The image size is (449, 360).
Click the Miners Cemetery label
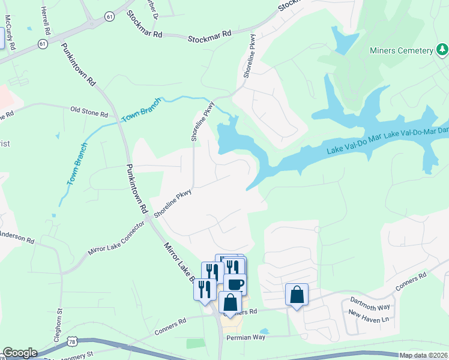pyautogui.click(x=402, y=50)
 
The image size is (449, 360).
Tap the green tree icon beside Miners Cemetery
pyautogui.click(x=441, y=49)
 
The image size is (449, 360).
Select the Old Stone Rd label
pyautogui.click(x=89, y=110)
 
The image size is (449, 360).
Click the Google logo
pyautogui.click(x=20, y=353)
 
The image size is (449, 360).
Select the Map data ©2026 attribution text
pyautogui.click(x=424, y=355)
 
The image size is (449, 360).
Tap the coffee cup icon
pyautogui.click(x=235, y=284)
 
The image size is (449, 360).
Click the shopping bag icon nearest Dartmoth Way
pyautogui.click(x=297, y=295)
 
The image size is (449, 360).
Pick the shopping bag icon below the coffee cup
pyautogui.click(x=230, y=302)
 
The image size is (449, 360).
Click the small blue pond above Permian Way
pyautogui.click(x=265, y=331)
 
